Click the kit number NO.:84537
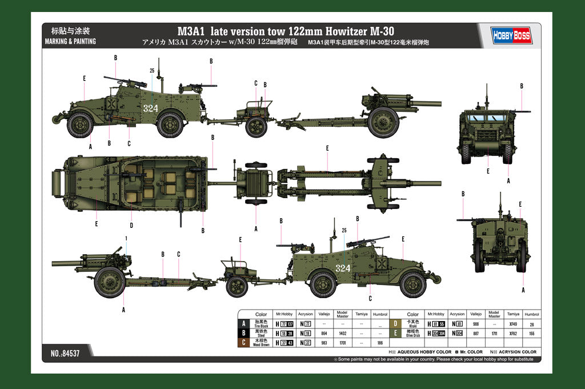click(x=65, y=354)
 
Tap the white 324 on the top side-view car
click(x=151, y=108)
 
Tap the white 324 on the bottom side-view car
click(x=343, y=268)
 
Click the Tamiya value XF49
click(x=513, y=324)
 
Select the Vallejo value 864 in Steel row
click(x=324, y=332)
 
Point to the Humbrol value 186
click(x=379, y=342)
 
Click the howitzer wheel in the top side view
click(x=383, y=122)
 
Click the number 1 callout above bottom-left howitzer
click(x=126, y=238)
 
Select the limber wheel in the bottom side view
click(x=237, y=286)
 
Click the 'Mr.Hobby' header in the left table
click(x=284, y=314)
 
